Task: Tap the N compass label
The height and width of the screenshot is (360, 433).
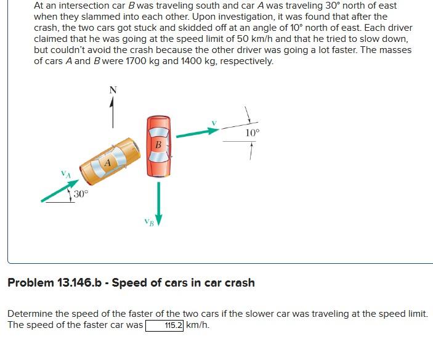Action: point(112,90)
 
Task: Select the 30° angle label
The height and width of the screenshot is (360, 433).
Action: point(81,194)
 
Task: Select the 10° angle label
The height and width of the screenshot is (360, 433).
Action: point(253,133)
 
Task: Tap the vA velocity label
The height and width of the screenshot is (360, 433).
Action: point(66,174)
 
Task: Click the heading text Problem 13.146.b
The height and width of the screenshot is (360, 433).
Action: point(131,283)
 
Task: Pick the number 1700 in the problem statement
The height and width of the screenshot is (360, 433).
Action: point(137,61)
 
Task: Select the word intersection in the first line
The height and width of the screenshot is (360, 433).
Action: point(73,6)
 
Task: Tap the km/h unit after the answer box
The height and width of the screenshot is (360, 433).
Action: point(198,325)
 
